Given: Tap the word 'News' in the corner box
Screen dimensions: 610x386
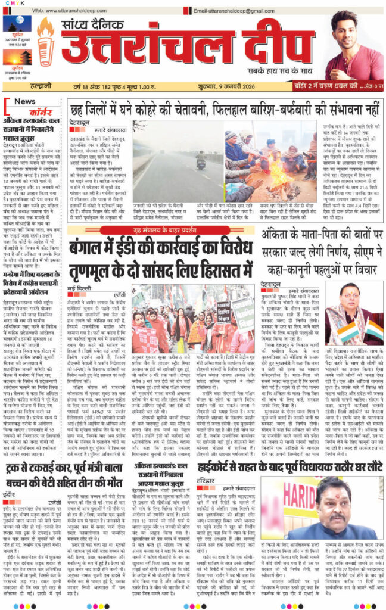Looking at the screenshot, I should tap(24, 101).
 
